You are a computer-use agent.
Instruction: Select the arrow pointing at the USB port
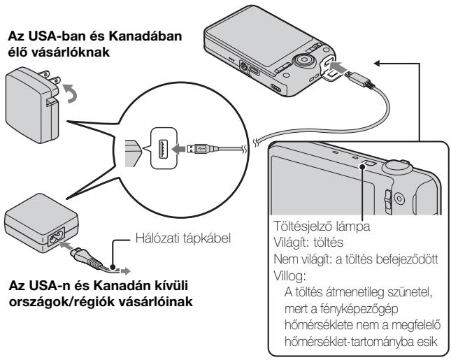178,148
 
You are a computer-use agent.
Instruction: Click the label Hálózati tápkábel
183,238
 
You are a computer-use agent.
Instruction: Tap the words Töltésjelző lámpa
322,226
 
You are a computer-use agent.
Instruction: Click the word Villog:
289,276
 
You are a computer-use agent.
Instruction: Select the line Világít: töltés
308,243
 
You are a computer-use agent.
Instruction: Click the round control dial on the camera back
302,60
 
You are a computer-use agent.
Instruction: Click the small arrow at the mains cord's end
125,271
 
